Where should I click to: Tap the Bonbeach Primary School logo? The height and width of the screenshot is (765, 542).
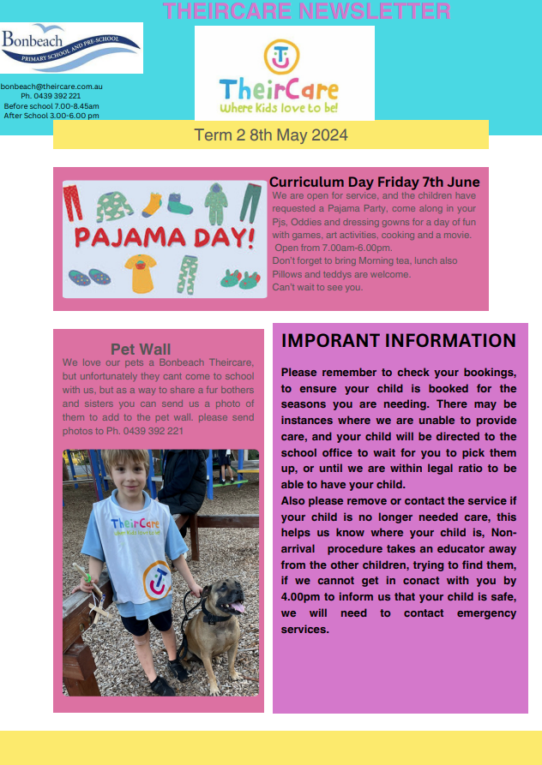click(71, 48)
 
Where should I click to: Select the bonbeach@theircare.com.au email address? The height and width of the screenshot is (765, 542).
click(52, 87)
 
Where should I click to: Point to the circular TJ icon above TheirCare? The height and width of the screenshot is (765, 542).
click(280, 57)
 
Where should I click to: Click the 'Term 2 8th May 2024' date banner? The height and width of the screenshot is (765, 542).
click(271, 135)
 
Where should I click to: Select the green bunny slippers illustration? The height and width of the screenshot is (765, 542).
click(240, 278)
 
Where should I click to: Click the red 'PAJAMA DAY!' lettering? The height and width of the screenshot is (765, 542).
click(164, 237)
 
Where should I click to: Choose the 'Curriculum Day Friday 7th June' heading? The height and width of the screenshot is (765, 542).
click(374, 182)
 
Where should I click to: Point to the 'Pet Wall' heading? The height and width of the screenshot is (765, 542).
click(141, 349)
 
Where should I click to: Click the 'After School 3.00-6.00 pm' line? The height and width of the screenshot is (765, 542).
click(52, 116)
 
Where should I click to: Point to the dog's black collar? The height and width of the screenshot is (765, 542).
click(214, 613)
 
